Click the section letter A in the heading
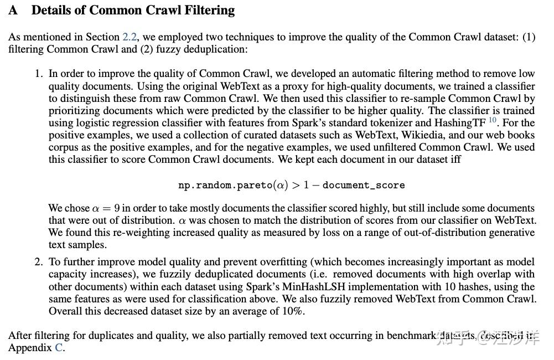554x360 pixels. pyautogui.click(x=13, y=11)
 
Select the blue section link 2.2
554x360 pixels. pyautogui.click(x=128, y=37)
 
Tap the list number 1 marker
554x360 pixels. pyautogui.click(x=38, y=74)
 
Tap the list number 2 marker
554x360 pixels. pyautogui.click(x=38, y=262)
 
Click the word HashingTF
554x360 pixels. pyautogui.click(x=459, y=123)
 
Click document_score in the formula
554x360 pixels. pyautogui.click(x=364, y=185)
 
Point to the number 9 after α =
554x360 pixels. pyautogui.click(x=117, y=209)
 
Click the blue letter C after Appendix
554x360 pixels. pyautogui.click(x=58, y=348)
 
